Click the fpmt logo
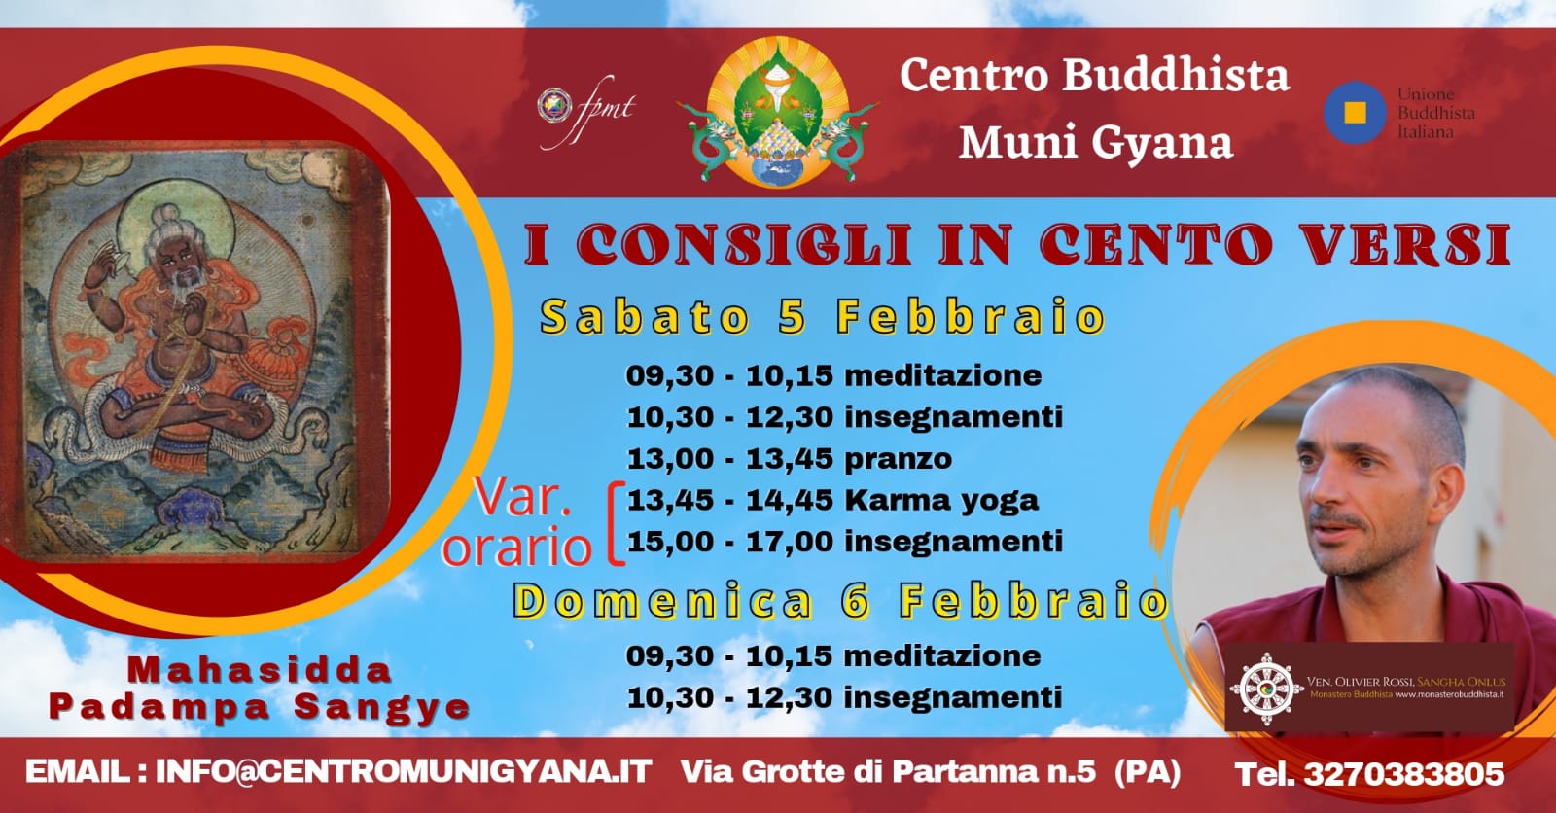click(x=586, y=111)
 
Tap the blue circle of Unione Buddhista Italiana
click(x=1355, y=113)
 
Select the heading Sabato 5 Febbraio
click(x=823, y=317)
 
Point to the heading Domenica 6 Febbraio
click(x=841, y=601)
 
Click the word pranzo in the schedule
click(x=899, y=459)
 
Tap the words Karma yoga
click(x=941, y=500)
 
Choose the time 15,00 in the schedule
click(x=670, y=542)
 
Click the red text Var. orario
click(x=517, y=522)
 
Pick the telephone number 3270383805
click(x=1404, y=774)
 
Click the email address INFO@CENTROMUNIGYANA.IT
click(x=404, y=771)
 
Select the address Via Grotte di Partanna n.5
click(x=889, y=771)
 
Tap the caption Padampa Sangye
click(x=259, y=707)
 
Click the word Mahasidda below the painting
click(x=260, y=670)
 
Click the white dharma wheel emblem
click(x=1267, y=689)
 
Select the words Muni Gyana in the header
click(x=1096, y=142)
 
